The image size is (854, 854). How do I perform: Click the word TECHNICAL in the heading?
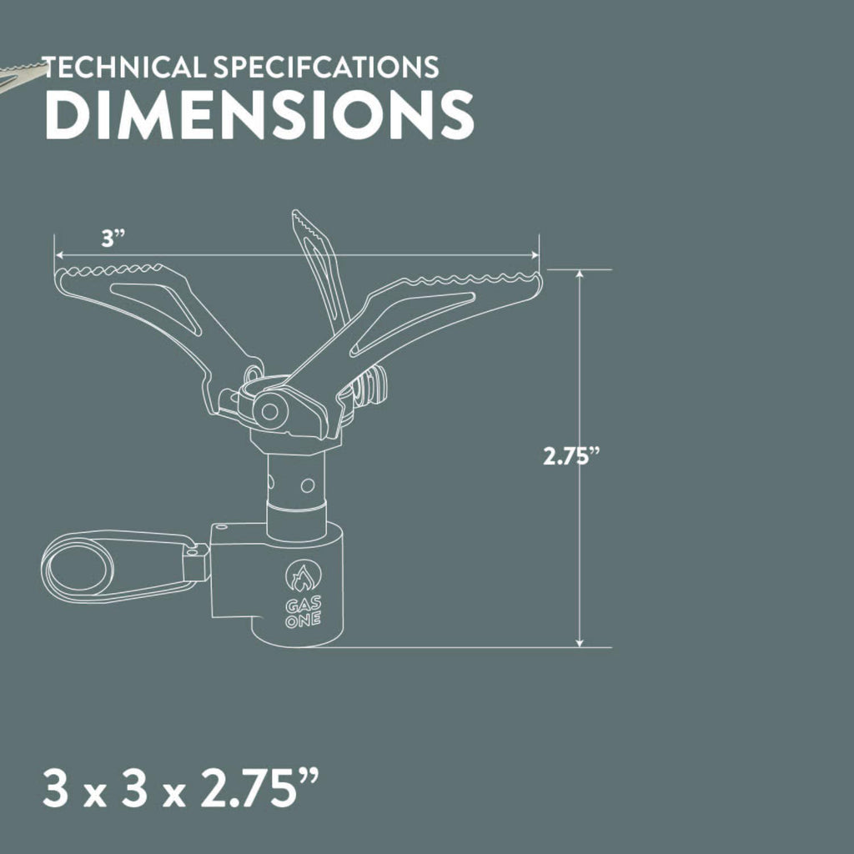(x=125, y=67)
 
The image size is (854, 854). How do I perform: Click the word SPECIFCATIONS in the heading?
(x=326, y=67)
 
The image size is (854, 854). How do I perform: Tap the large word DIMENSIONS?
(x=259, y=114)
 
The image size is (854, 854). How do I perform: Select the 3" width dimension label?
(x=113, y=239)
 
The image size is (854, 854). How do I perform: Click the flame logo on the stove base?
(x=304, y=577)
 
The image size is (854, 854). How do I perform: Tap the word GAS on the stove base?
(x=304, y=605)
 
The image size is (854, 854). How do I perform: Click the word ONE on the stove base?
(x=303, y=620)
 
